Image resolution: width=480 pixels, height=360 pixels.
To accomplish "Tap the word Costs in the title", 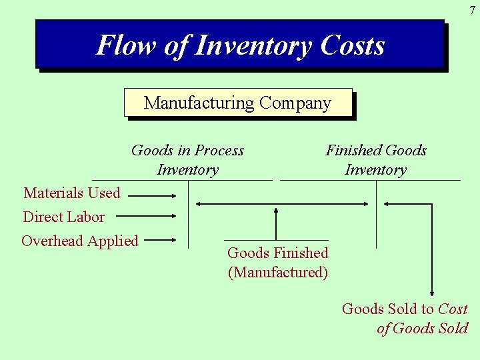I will coord(352,45).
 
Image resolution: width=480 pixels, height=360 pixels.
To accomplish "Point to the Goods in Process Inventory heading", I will coord(187,160).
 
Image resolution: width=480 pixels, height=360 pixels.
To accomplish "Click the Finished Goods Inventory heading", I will coord(376,160).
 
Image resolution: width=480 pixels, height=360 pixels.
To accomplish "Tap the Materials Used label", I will coord(72,193).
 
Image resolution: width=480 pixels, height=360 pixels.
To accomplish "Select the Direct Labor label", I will coord(63,217).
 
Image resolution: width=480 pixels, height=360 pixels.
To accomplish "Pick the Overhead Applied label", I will coord(80,241).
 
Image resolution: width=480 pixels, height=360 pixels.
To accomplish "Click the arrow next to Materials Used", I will coord(151,196).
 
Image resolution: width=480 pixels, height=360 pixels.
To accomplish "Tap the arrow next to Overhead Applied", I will coord(160,239).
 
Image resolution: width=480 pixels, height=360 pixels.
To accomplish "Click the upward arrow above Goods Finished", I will coord(276,223).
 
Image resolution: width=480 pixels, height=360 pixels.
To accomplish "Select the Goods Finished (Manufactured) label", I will coord(278,263).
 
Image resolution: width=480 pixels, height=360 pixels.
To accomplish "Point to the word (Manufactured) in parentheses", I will coord(278,273).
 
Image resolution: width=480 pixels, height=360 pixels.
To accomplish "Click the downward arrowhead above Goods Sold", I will coord(432,291).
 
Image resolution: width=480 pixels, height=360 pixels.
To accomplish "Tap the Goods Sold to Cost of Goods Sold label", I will coord(405,319).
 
